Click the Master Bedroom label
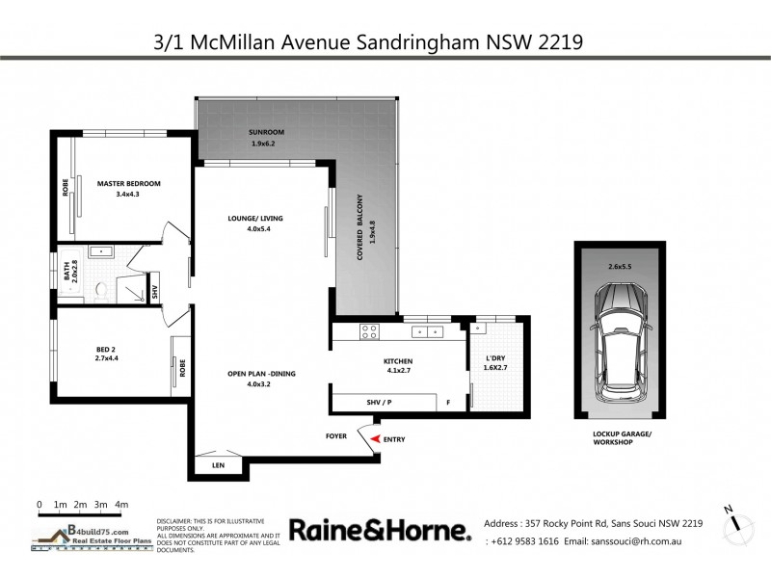128,183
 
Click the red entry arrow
374,439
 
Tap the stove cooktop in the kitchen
368,331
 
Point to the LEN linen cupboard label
217,467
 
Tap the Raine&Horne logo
381,530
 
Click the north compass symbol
737,520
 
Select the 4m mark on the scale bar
121,504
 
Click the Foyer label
335,436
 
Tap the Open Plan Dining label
254,374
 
